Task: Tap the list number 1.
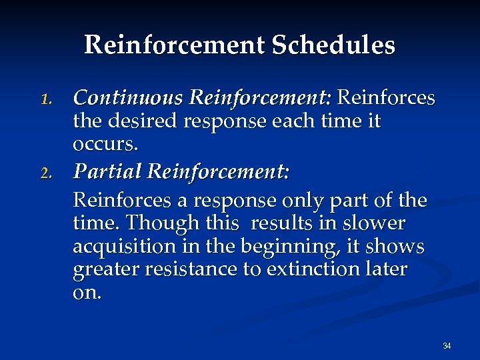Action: tap(45, 99)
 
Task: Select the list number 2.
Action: tap(45, 174)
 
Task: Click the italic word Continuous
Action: tap(129, 98)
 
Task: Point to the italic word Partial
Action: tap(107, 173)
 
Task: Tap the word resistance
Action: tap(193, 269)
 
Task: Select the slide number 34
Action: tap(447, 345)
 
